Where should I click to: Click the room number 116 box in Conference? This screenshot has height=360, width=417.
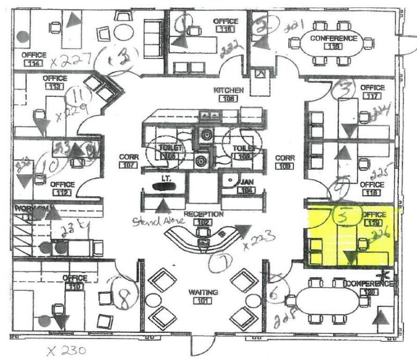[334, 47]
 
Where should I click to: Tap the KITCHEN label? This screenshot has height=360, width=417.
[228, 90]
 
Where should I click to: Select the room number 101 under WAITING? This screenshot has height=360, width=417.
[204, 301]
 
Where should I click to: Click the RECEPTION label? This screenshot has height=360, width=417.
[204, 214]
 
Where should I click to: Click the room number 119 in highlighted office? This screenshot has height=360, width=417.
[372, 223]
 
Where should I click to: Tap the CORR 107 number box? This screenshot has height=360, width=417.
[128, 166]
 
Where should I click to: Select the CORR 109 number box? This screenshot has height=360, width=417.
[285, 166]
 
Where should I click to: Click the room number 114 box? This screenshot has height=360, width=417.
[34, 63]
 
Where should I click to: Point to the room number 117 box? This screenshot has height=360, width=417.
[372, 96]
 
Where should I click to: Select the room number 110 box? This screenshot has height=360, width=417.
[75, 287]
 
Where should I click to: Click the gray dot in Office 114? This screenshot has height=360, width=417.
[22, 36]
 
